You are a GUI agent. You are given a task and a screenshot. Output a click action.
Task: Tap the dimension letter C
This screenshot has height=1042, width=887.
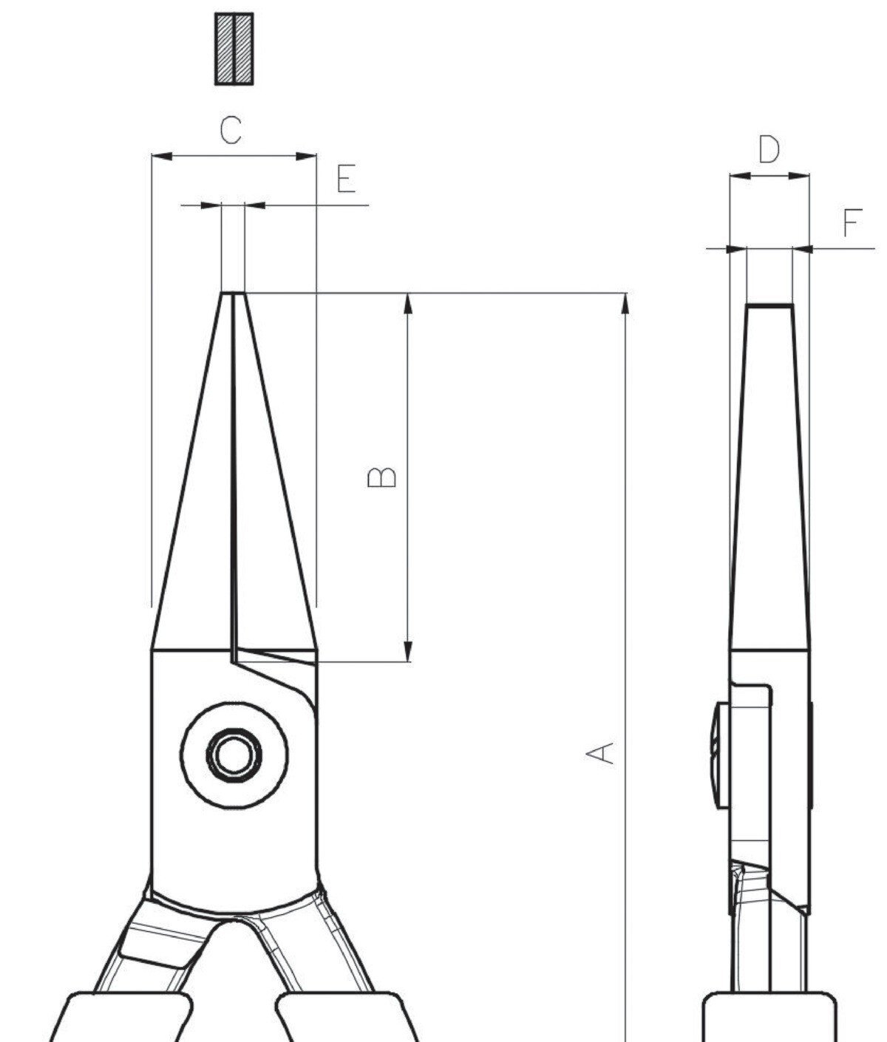click(x=231, y=130)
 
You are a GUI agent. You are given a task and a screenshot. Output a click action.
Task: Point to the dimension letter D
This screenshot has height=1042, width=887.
click(x=769, y=149)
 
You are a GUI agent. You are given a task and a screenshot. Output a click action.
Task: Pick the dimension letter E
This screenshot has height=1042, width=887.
click(x=347, y=178)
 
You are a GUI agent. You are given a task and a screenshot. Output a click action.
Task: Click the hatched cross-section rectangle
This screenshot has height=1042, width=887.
click(x=234, y=49)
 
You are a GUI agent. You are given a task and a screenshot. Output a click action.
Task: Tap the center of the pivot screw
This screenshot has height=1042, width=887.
click(x=234, y=755)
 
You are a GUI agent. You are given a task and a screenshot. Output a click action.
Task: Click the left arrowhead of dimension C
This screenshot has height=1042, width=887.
click(x=162, y=156)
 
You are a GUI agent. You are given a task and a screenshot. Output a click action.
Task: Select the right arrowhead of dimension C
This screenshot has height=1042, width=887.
click(x=306, y=156)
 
